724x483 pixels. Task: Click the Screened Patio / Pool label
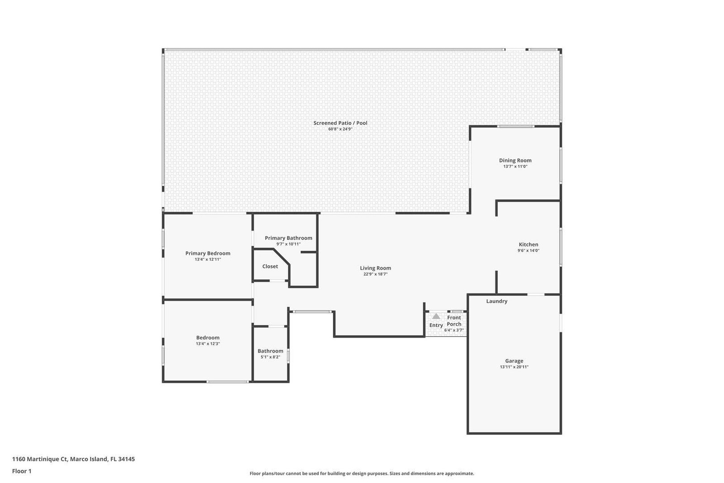tap(340, 123)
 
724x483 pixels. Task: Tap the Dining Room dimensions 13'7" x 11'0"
tap(515, 167)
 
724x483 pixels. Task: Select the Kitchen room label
tap(529, 244)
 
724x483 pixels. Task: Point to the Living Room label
tap(375, 268)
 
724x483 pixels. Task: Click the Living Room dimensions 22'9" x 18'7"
tap(375, 274)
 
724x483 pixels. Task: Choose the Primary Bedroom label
tap(208, 253)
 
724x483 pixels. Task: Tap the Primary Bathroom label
tap(289, 238)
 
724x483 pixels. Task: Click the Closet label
tap(270, 266)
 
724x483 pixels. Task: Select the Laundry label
tap(497, 301)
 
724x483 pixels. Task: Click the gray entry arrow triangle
tap(436, 316)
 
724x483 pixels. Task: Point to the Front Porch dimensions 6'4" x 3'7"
tap(454, 330)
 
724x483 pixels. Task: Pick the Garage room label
tap(514, 361)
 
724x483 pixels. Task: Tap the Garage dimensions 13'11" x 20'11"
tap(514, 367)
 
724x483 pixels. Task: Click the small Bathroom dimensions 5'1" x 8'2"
tap(270, 357)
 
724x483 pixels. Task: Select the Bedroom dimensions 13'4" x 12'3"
tap(208, 344)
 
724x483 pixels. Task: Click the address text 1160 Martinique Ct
tap(40, 459)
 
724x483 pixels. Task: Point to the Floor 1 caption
tap(22, 471)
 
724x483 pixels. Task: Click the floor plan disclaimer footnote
tap(362, 473)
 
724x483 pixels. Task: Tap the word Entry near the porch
tap(436, 325)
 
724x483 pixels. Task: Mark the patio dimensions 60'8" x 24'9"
tap(340, 129)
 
